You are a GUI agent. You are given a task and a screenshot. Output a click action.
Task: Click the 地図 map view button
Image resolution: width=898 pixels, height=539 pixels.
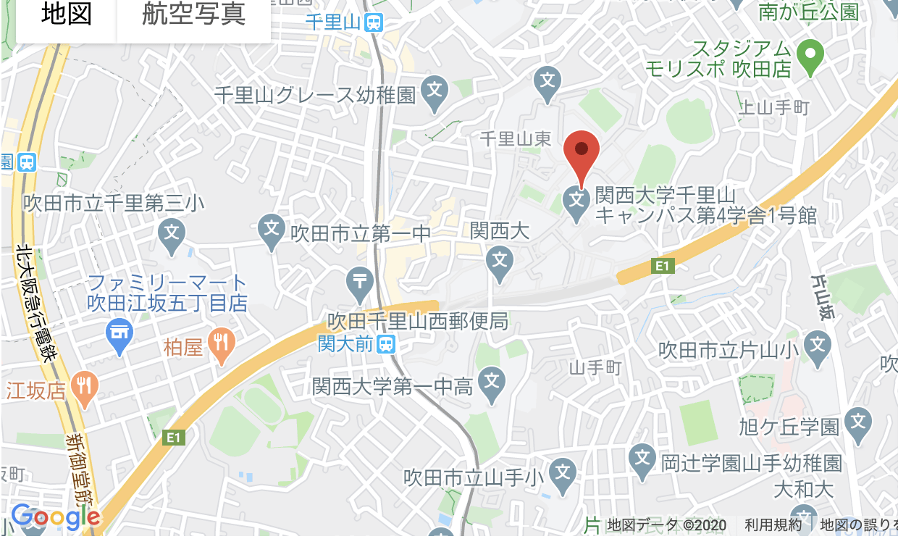click(66, 15)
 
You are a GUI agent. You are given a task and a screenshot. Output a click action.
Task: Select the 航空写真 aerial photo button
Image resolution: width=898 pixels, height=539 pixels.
click(193, 15)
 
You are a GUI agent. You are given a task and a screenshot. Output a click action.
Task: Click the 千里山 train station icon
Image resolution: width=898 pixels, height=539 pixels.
click(374, 22)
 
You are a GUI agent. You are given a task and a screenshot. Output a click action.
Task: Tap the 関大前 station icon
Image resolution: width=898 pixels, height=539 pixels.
click(386, 343)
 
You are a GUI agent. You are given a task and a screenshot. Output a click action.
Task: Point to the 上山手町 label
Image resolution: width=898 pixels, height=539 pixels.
click(773, 109)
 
